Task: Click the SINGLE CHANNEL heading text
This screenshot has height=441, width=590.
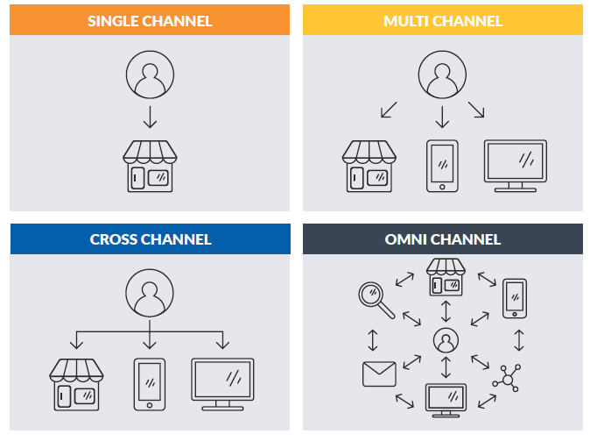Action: (150, 20)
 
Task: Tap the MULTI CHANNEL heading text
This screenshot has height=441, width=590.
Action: (443, 20)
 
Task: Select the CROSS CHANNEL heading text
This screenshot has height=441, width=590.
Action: (150, 239)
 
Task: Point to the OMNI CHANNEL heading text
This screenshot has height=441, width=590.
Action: (443, 239)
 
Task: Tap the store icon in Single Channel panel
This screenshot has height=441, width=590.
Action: (150, 166)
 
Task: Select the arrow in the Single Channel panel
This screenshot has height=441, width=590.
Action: (150, 116)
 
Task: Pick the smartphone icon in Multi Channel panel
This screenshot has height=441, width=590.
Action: (442, 164)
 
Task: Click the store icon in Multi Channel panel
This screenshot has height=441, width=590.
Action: (367, 166)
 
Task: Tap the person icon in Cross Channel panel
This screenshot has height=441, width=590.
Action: (150, 293)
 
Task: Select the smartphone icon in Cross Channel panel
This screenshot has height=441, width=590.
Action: (150, 383)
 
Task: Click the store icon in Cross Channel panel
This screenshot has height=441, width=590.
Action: (74, 384)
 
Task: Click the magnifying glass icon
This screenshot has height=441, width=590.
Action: (376, 297)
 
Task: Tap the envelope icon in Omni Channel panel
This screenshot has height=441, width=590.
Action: (379, 373)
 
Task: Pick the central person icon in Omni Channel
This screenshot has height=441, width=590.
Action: (446, 339)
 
